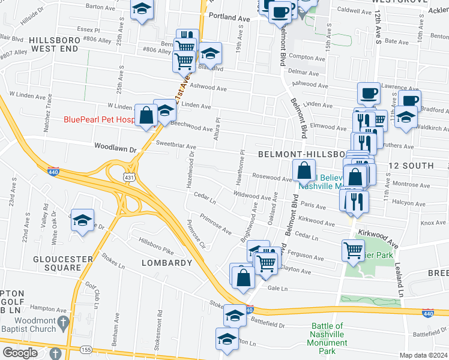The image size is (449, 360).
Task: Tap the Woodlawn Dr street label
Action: pos(116,146)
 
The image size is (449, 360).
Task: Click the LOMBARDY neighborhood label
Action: pos(166,263)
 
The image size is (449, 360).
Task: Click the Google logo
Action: pos(20,353)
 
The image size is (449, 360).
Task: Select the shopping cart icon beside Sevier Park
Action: pos(353,249)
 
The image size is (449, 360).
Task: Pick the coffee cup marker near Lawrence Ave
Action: pos(369,94)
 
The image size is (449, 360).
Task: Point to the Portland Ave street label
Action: pos(228,18)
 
